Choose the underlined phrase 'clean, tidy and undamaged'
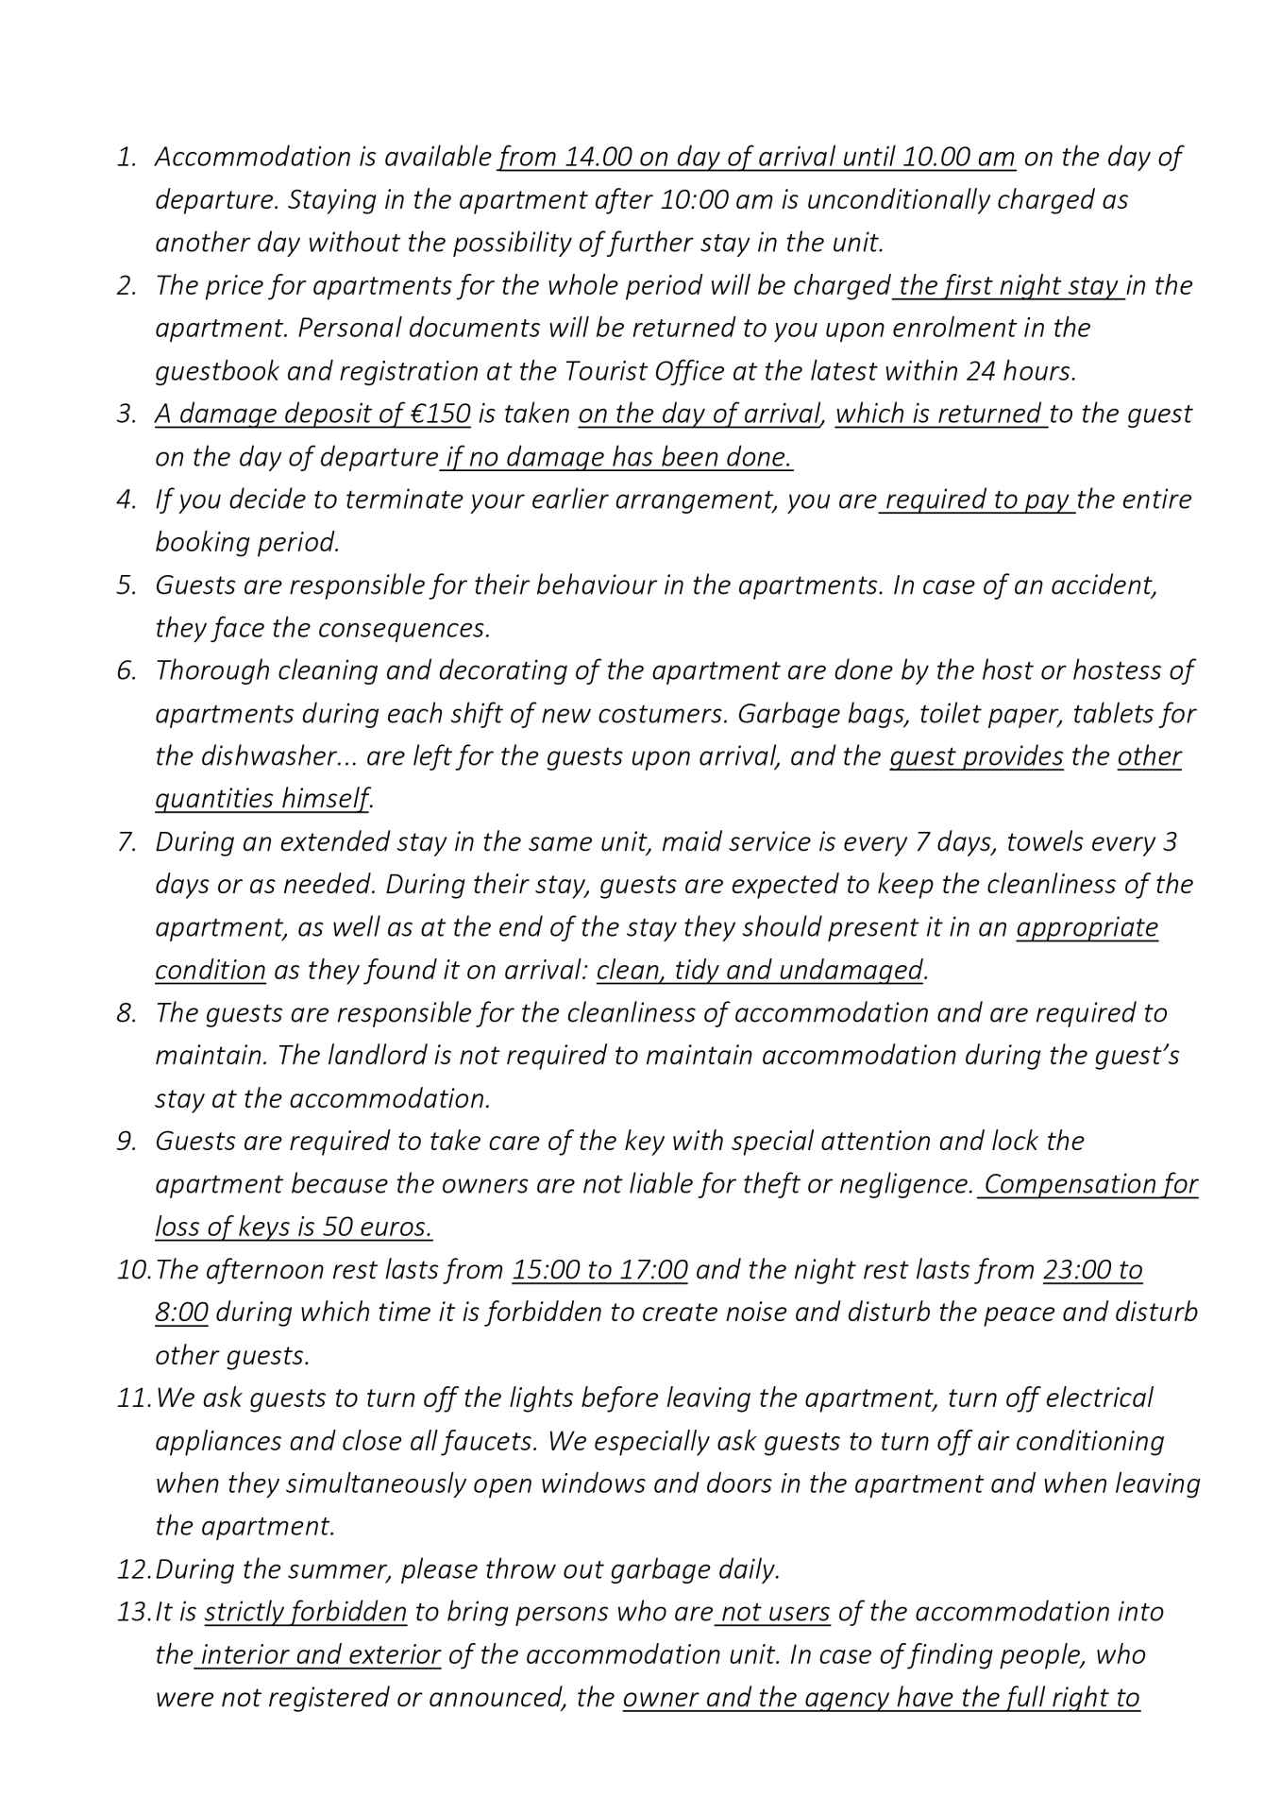click(759, 971)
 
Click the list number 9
click(126, 1142)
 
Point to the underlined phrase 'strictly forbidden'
click(305, 1613)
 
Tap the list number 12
click(133, 1570)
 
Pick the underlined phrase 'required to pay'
click(977, 500)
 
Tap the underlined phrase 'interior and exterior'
click(320, 1655)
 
